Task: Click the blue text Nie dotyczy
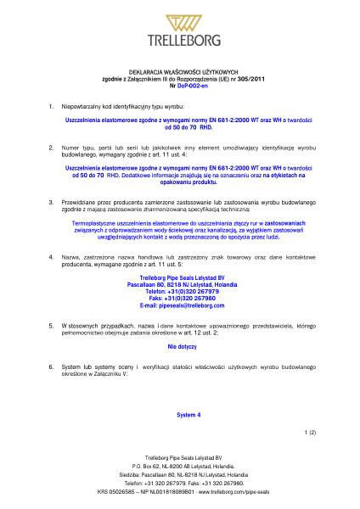click(181, 348)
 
